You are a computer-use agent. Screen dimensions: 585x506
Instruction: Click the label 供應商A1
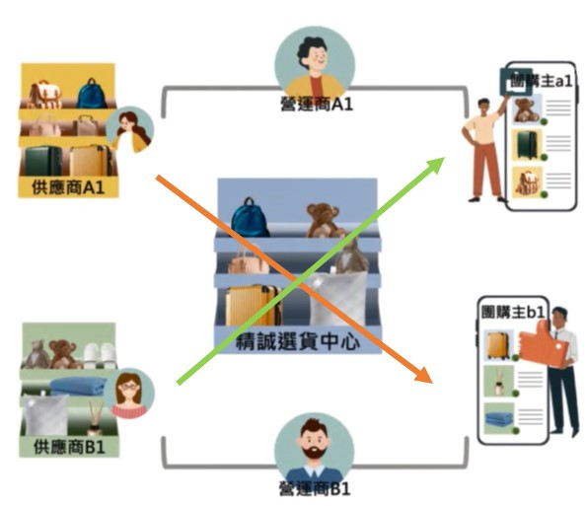pos(68,187)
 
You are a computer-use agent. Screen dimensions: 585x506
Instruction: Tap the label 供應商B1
pos(69,447)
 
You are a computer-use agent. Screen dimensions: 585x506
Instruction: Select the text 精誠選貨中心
pos(298,341)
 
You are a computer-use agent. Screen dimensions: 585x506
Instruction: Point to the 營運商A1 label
pos(317,105)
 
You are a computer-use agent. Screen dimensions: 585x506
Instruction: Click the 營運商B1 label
pos(316,489)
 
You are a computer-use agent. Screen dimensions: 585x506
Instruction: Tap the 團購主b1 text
pos(513,312)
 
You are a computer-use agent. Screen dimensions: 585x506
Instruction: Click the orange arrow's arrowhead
pos(424,375)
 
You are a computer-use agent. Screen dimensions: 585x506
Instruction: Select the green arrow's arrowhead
pos(435,165)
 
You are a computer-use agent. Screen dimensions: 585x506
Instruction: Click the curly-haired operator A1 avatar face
pos(314,57)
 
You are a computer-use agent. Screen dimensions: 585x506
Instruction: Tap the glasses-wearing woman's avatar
pos(129,393)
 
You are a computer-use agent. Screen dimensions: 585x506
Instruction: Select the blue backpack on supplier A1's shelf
pos(92,94)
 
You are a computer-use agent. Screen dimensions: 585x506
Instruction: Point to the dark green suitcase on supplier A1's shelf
pos(43,161)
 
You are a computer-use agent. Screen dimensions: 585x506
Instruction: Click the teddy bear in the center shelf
pos(324,220)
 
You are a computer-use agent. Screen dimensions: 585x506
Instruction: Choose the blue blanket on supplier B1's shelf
pos(78,386)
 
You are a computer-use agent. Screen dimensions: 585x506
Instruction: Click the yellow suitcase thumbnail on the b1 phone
pos(498,345)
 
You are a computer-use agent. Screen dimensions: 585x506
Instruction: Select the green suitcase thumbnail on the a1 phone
pos(527,145)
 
